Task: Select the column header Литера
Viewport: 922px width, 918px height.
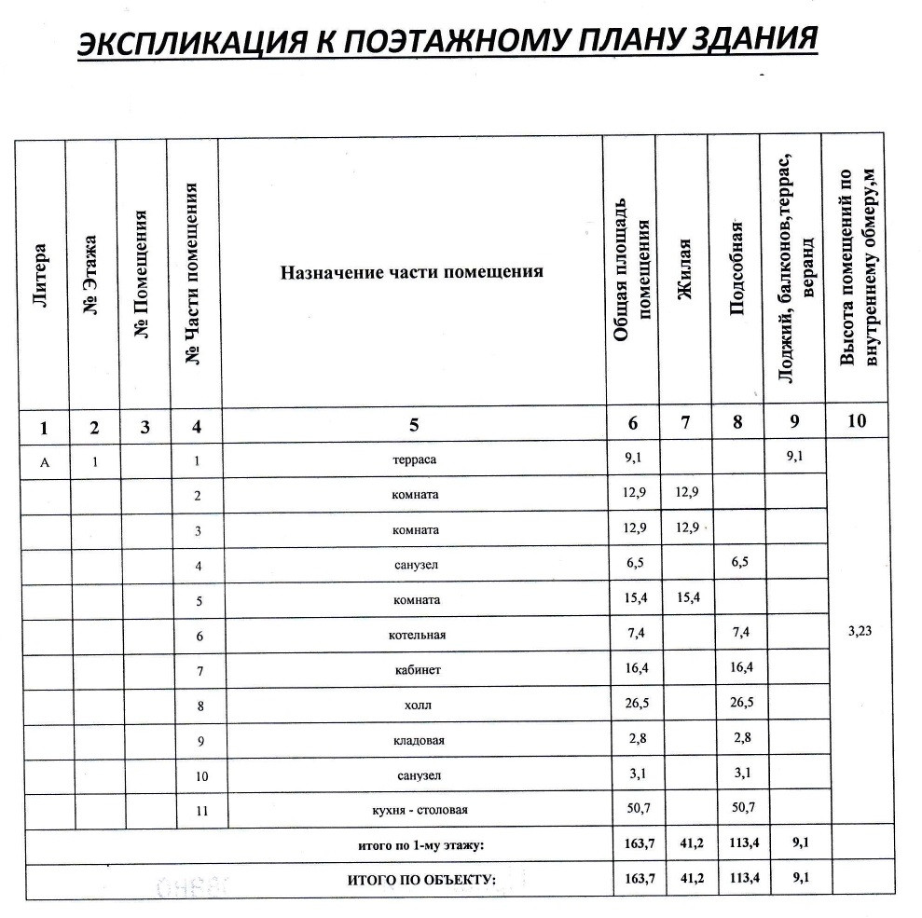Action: pos(40,276)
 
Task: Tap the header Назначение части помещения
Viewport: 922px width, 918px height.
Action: pos(412,272)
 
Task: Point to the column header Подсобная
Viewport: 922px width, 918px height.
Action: pos(736,270)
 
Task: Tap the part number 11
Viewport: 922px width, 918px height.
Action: pos(197,811)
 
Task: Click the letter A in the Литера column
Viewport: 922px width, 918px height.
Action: pos(42,459)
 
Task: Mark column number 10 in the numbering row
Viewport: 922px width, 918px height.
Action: pos(857,421)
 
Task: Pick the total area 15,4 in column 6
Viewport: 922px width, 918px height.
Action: pos(634,600)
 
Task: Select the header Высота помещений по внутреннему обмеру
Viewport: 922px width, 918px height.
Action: pos(859,270)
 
